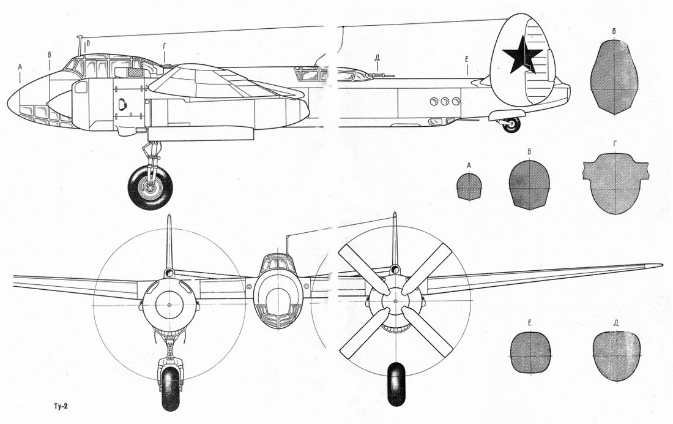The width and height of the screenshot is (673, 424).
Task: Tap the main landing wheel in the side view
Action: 151,188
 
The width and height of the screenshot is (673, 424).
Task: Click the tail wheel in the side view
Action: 511,125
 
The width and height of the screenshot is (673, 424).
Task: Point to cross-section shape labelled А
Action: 469,187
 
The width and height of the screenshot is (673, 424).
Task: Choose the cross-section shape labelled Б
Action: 529,185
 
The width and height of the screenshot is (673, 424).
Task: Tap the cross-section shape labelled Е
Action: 530,352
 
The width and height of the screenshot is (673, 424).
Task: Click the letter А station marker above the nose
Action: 20,67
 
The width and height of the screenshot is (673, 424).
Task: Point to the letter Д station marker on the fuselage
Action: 377,57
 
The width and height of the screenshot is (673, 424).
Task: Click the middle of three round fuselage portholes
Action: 445,102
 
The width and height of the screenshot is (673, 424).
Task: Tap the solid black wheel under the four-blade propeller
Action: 396,384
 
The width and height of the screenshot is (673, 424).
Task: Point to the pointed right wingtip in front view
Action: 661,265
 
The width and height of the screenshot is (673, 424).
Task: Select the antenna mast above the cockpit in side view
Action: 80,46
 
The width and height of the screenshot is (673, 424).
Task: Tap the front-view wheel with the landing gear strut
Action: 171,388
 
